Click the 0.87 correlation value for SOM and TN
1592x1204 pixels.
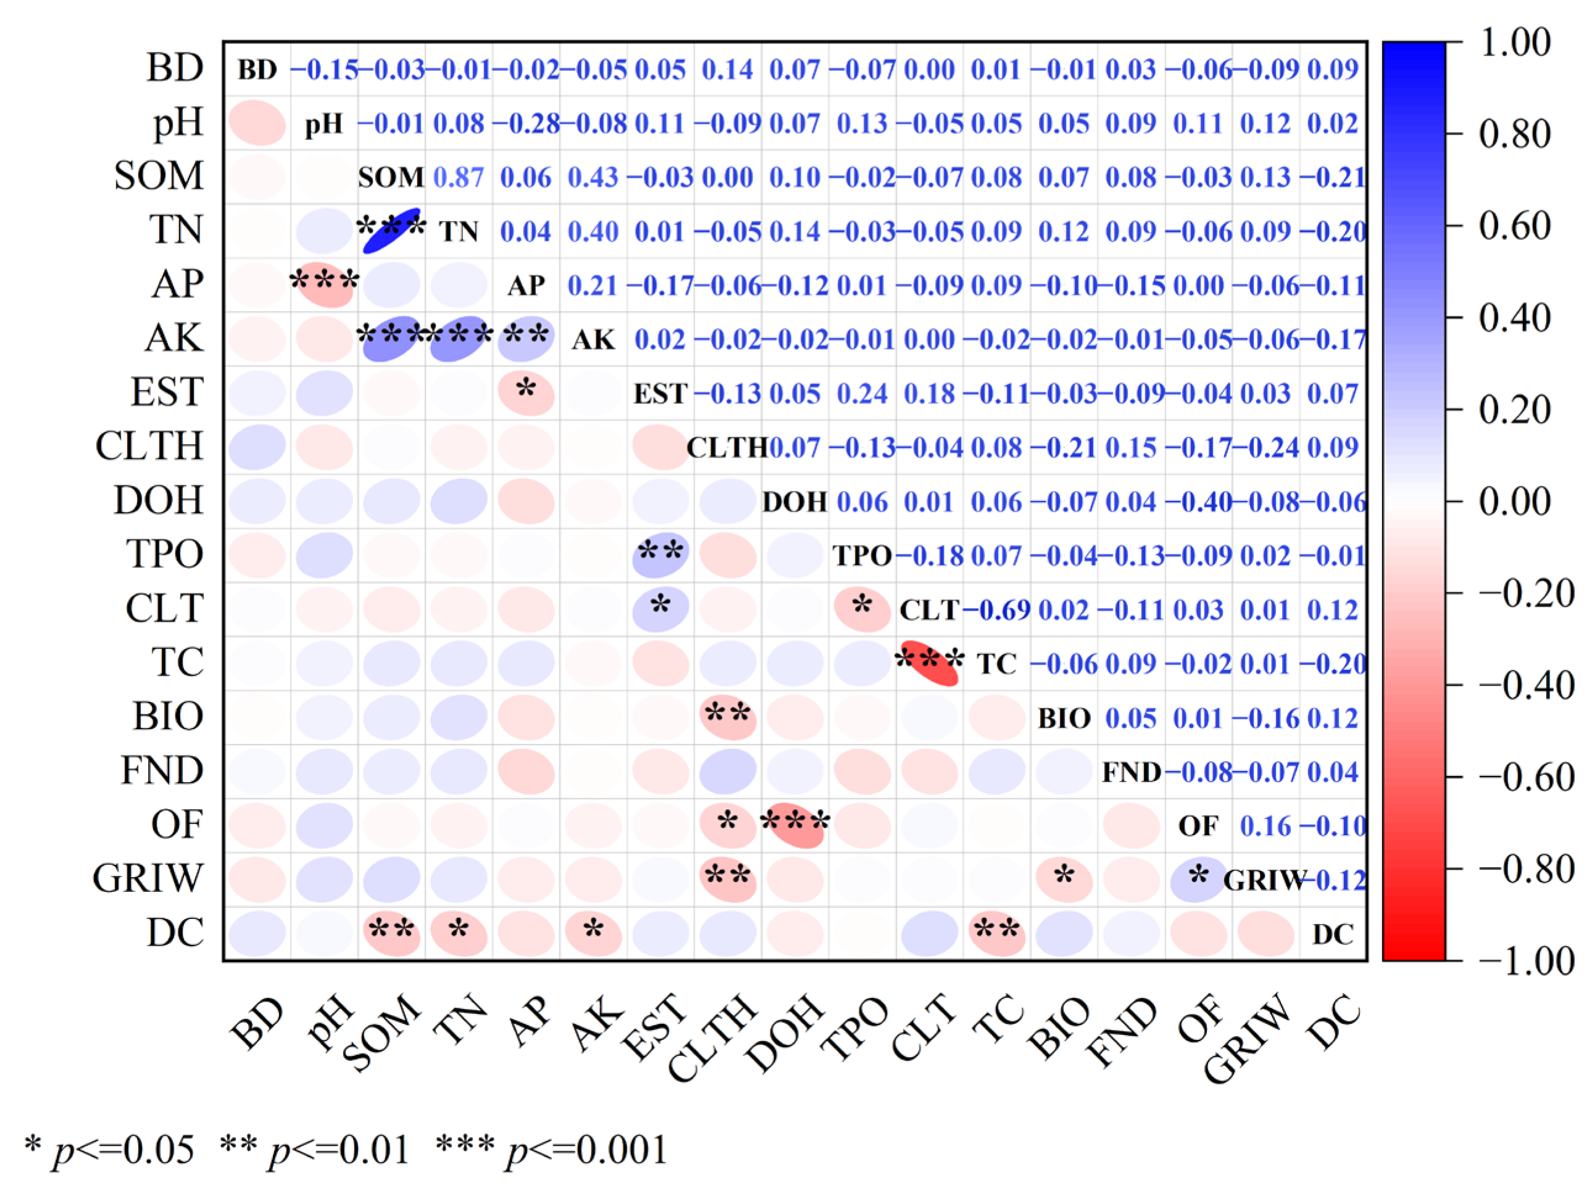coord(459,178)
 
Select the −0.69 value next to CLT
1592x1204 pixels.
coord(997,610)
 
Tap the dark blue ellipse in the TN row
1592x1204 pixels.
coord(392,231)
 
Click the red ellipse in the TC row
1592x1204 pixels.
coord(929,663)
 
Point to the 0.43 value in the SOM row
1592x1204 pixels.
coord(593,178)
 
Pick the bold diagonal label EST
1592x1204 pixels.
coord(660,394)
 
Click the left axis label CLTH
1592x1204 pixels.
coord(150,446)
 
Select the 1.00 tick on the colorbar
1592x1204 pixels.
coord(1514,43)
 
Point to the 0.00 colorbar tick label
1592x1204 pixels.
coord(1514,501)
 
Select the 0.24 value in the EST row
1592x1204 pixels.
coord(862,394)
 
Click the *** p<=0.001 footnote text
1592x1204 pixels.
coord(552,1149)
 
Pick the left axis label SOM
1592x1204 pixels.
coord(159,176)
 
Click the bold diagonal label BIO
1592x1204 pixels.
coord(1064,719)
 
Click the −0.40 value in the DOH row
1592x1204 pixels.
coord(1198,502)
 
